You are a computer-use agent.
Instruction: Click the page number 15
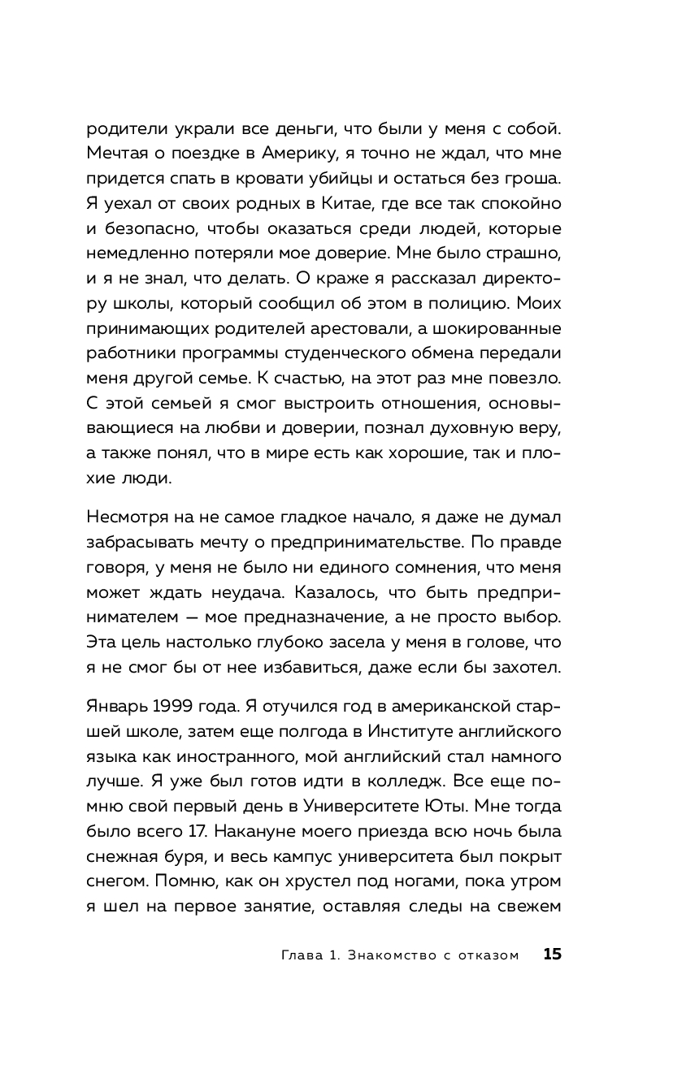[x=552, y=955]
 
